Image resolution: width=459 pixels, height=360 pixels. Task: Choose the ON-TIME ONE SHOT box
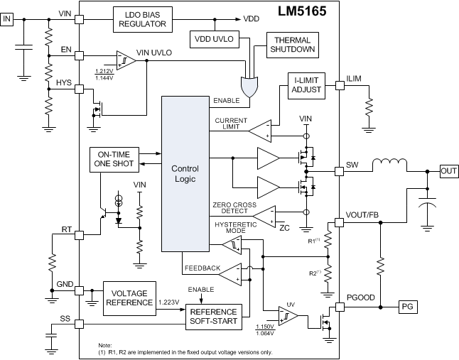point(114,159)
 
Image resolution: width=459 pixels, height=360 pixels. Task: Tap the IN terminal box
point(9,19)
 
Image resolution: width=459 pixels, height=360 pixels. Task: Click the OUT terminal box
point(448,171)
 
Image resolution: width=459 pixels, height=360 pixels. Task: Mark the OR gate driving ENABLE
point(249,87)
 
